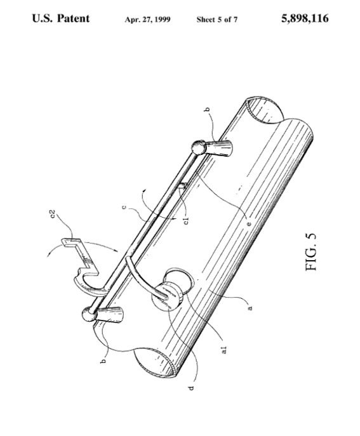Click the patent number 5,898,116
[x=305, y=18]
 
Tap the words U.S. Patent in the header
[x=61, y=18]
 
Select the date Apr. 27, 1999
[x=147, y=20]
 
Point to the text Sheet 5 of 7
[x=217, y=20]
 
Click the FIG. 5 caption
[x=310, y=252]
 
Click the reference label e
[x=249, y=224]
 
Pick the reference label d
[x=191, y=387]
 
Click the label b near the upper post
[x=207, y=110]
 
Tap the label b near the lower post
[x=103, y=361]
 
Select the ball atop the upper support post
[x=198, y=147]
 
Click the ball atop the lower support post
[x=90, y=314]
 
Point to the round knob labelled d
[x=167, y=296]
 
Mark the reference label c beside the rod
[x=124, y=207]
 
